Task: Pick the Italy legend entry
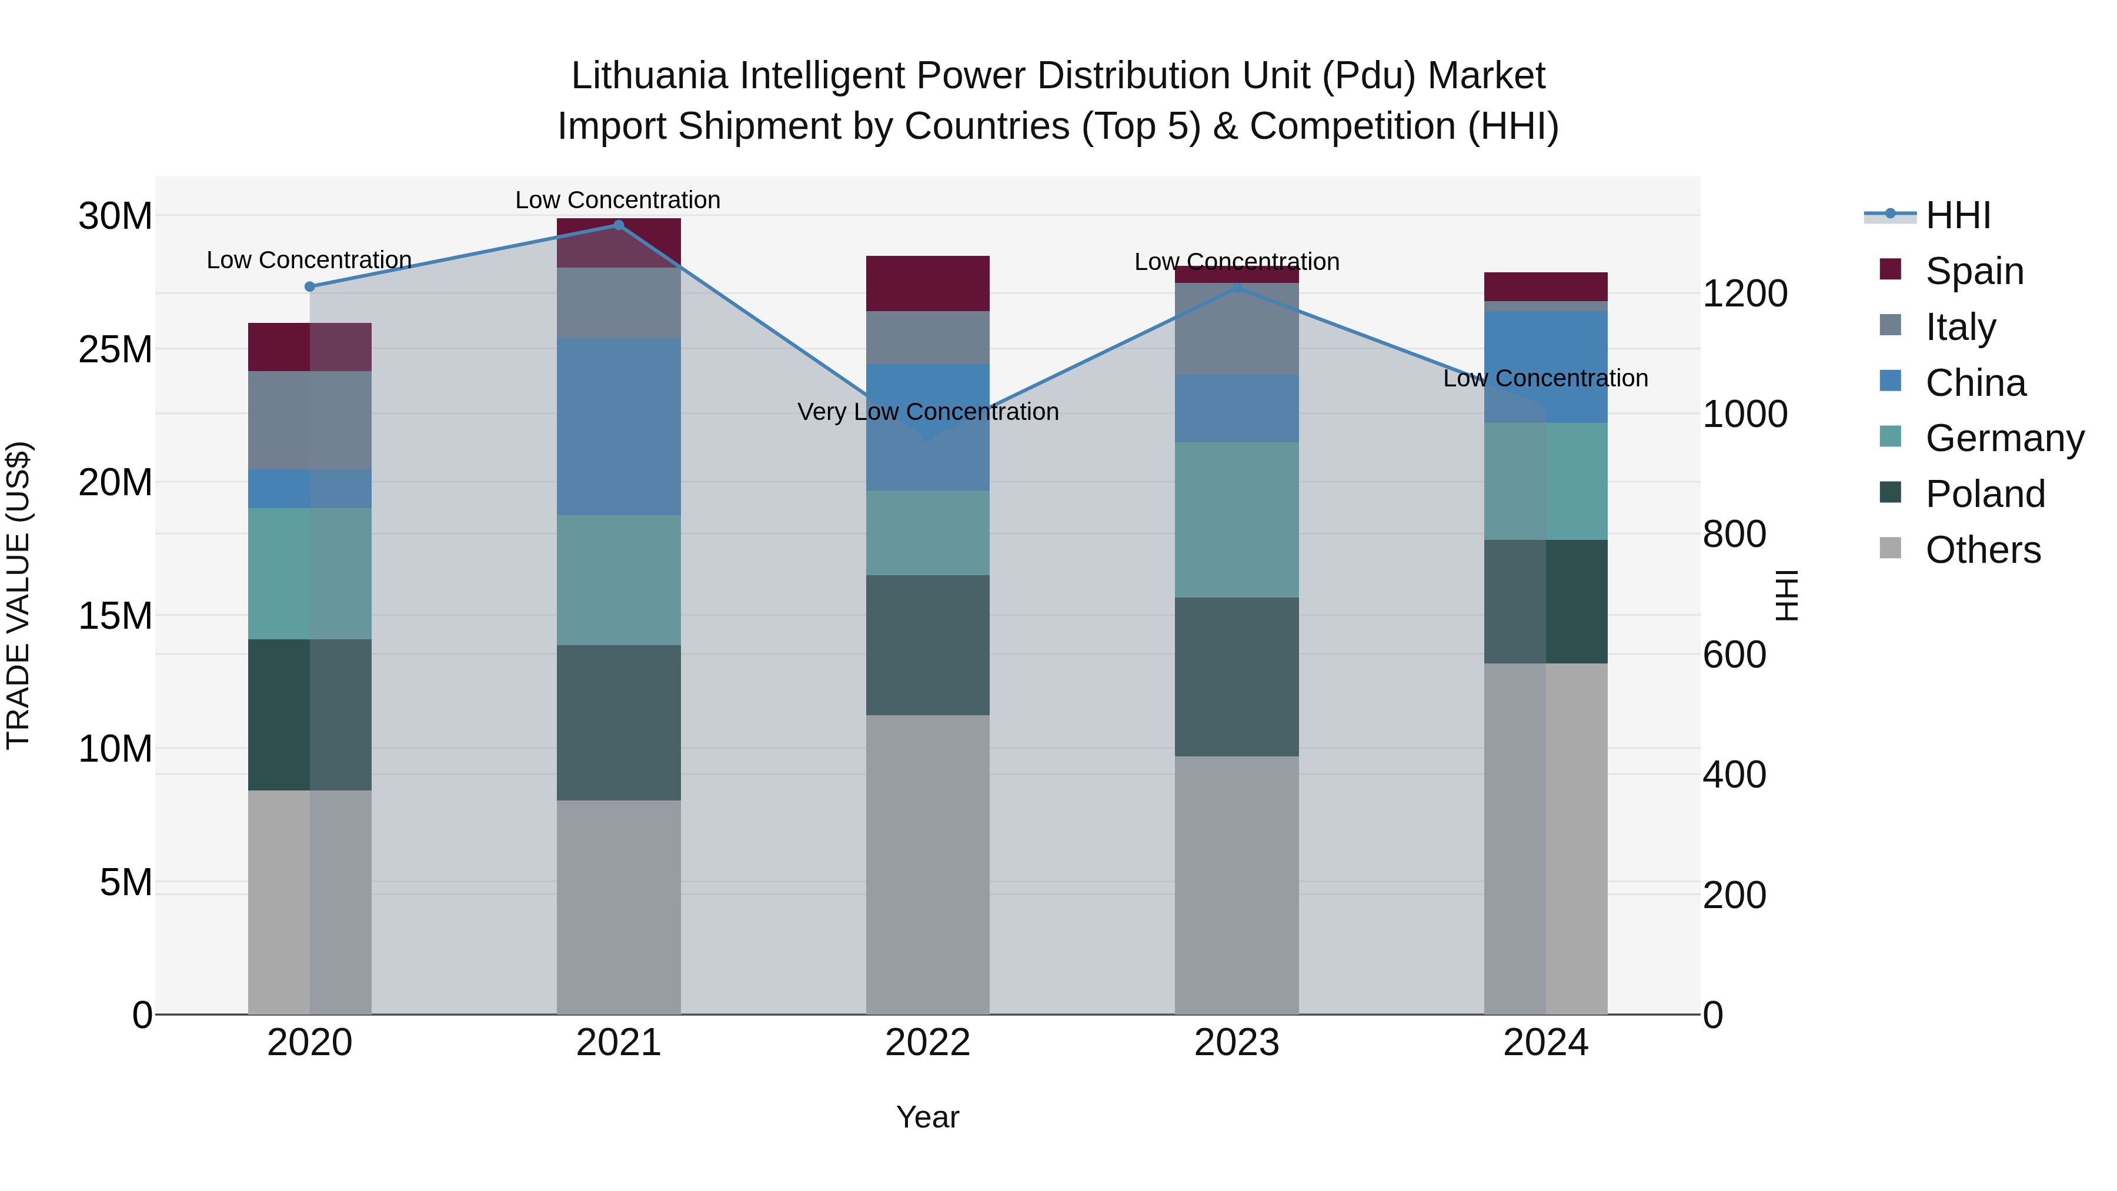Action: (1960, 327)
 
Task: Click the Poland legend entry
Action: (1985, 494)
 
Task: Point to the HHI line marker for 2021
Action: (619, 225)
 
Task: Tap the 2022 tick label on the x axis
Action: (928, 1043)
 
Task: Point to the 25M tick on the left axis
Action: (115, 350)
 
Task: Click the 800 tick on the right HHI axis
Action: (1734, 534)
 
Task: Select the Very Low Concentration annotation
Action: (928, 412)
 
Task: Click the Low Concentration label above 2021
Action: (618, 200)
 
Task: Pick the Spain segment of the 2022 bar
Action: (928, 283)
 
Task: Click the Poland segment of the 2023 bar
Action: (1237, 676)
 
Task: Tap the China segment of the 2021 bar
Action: (619, 426)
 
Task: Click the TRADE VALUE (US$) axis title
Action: (18, 595)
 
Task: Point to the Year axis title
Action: (928, 1117)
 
